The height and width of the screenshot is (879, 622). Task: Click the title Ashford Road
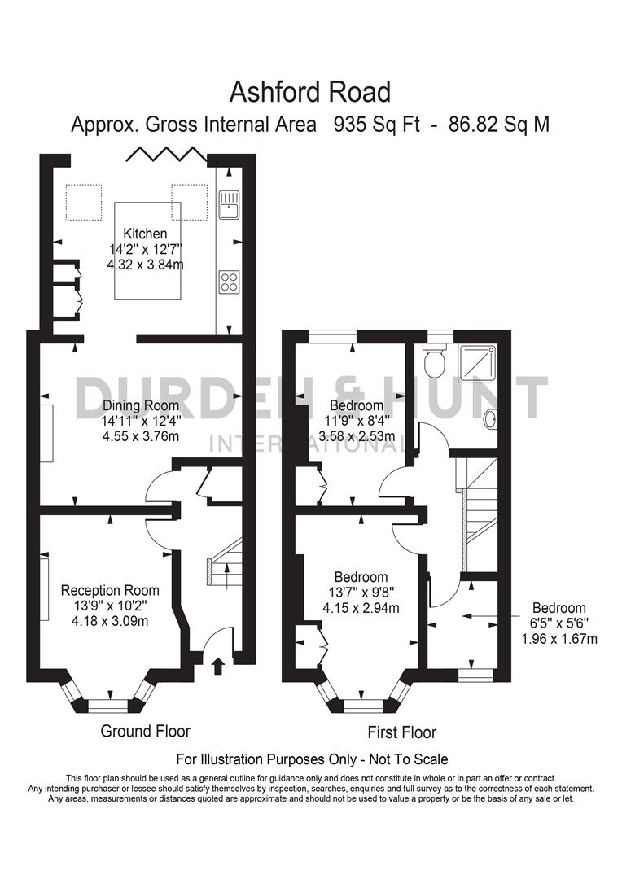click(x=310, y=92)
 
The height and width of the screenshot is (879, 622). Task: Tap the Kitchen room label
click(x=145, y=234)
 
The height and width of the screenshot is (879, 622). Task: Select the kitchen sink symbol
click(x=229, y=204)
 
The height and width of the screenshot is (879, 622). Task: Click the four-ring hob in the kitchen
click(x=229, y=282)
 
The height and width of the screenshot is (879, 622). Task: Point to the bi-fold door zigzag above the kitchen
click(x=164, y=154)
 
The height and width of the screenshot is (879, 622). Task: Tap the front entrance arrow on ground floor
click(x=217, y=667)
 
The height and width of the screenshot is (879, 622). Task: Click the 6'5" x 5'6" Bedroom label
click(x=558, y=608)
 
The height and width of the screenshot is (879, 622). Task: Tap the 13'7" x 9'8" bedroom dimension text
click(x=361, y=592)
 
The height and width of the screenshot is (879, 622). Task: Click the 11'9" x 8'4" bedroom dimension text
click(x=357, y=421)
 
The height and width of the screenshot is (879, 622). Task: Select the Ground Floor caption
click(x=145, y=731)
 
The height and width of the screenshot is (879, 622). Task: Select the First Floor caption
click(x=401, y=732)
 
